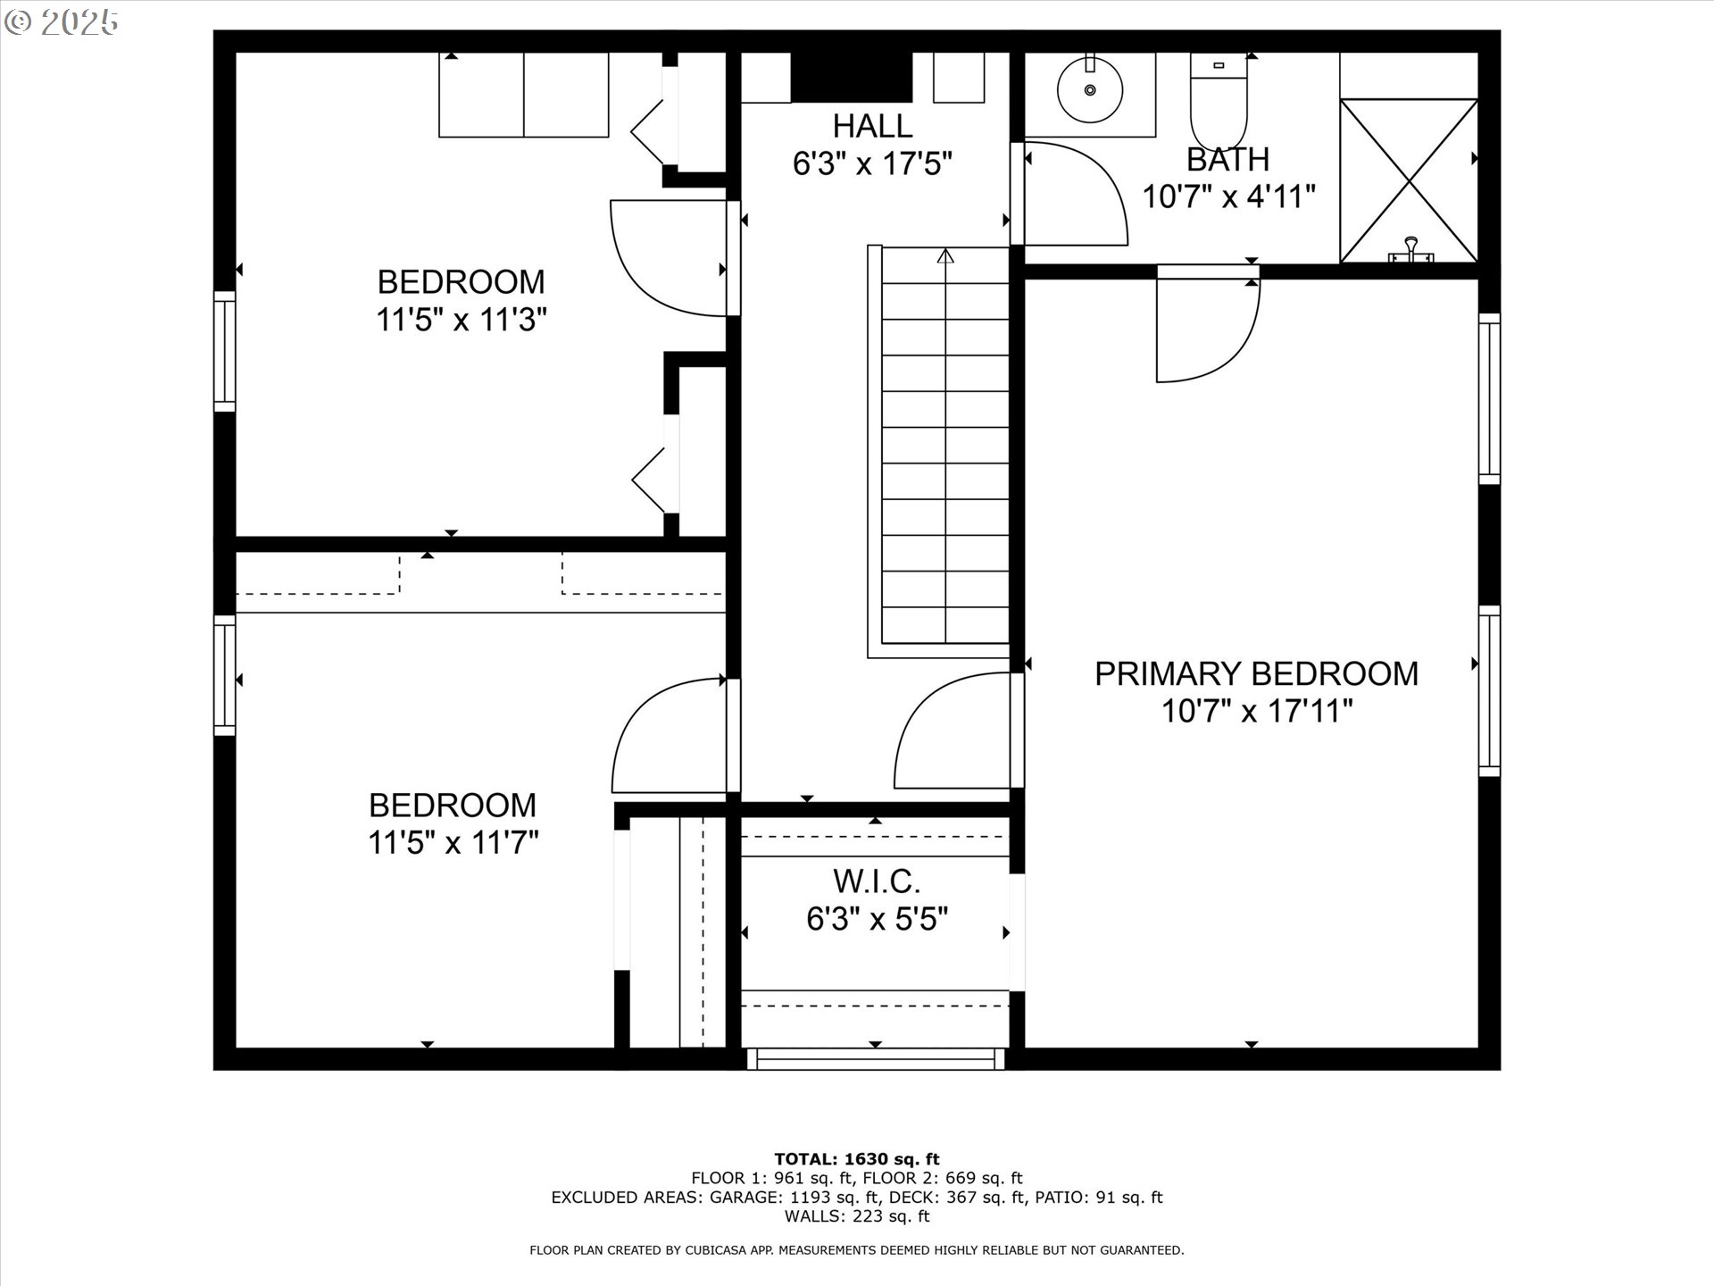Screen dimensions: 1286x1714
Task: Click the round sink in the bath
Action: (1089, 89)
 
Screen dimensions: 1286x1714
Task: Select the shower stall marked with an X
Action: (1409, 180)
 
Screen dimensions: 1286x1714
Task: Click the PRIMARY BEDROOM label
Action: (1256, 674)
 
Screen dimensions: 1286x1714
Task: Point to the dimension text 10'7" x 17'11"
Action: (1256, 712)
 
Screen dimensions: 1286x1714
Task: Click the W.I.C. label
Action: (876, 881)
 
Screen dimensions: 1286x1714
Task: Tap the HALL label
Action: (872, 126)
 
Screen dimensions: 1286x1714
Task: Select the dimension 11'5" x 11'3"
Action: (461, 320)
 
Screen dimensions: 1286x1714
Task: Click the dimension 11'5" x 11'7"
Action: (453, 842)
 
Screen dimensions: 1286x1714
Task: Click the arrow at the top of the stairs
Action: (945, 257)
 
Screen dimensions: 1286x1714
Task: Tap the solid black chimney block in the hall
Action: (851, 77)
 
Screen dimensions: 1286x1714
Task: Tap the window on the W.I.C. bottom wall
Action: (875, 1059)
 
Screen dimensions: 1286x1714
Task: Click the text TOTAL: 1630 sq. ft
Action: (856, 1159)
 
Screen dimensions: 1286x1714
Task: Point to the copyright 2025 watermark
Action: (61, 22)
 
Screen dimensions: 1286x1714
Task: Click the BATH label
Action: (1227, 160)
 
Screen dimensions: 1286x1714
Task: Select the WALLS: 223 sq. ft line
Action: (856, 1216)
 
